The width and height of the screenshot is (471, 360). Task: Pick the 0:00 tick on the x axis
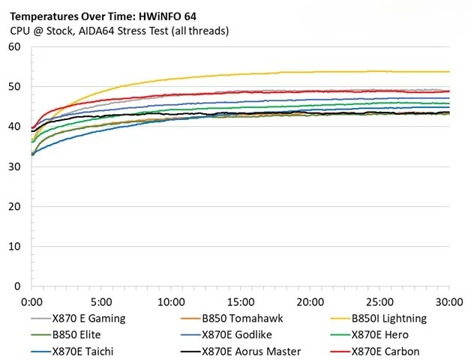tap(31, 301)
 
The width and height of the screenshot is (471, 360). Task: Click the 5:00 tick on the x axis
tap(101, 301)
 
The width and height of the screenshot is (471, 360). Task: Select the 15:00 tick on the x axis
tap(240, 301)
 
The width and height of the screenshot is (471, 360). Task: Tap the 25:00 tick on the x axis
tap(379, 301)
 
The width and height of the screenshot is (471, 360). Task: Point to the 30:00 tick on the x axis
tap(448, 301)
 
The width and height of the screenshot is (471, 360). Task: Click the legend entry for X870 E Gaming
tap(88, 318)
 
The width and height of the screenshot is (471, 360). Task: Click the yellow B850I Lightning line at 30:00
tap(448, 72)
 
